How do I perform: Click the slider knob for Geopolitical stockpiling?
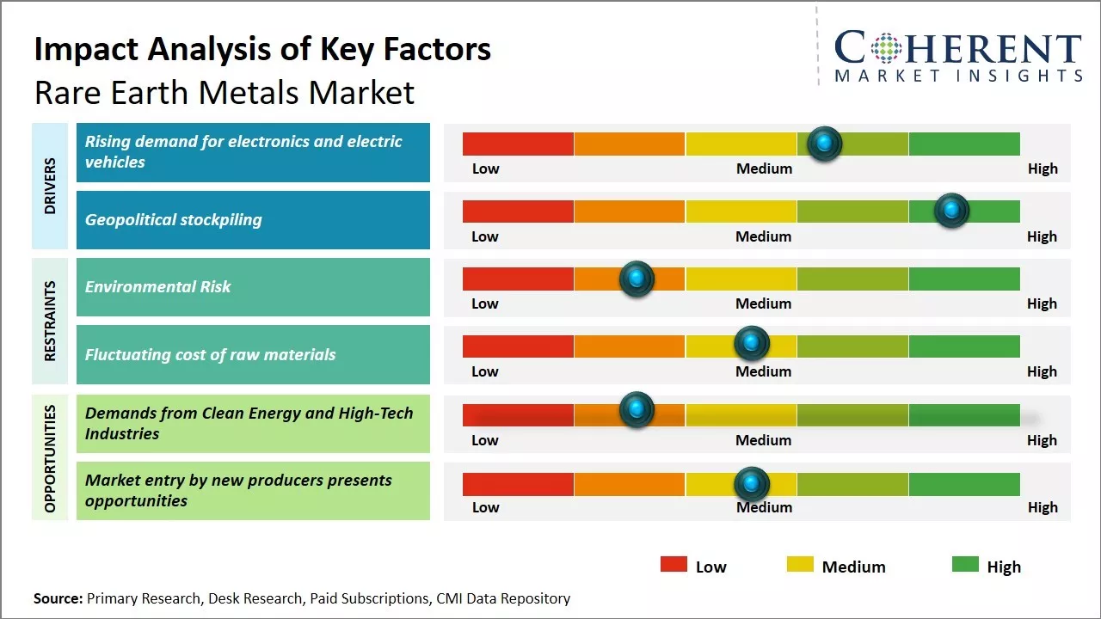(x=951, y=211)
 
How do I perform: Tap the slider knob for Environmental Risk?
(x=637, y=279)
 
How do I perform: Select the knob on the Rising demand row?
(x=824, y=144)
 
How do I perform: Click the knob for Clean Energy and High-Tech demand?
(x=637, y=410)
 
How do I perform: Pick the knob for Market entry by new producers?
(x=752, y=484)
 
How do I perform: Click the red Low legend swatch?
(x=674, y=565)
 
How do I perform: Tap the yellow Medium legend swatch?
(x=800, y=565)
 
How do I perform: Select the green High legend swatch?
(x=965, y=565)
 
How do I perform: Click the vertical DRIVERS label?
(x=50, y=186)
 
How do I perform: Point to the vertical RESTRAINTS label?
(x=50, y=321)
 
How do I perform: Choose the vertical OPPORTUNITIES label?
(x=50, y=458)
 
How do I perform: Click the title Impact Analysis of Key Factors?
(x=262, y=50)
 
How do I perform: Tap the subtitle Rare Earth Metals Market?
(x=224, y=92)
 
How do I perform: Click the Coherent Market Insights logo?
(x=957, y=56)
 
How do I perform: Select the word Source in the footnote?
(x=58, y=598)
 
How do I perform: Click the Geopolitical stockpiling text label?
(x=173, y=220)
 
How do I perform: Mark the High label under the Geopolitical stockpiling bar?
(x=1042, y=236)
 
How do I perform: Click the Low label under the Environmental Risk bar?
(x=485, y=303)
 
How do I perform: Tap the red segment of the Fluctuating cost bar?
(x=518, y=346)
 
